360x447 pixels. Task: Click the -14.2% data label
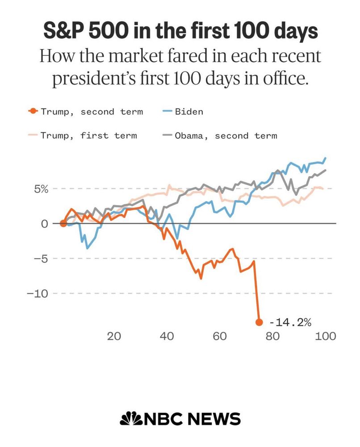(290, 322)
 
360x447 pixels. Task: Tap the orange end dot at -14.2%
(259, 322)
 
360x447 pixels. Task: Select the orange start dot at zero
(63, 223)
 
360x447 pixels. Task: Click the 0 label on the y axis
(44, 223)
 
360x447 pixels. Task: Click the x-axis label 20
(115, 336)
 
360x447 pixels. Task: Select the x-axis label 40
(167, 336)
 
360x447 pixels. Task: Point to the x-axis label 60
(220, 336)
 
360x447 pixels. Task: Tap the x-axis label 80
(272, 336)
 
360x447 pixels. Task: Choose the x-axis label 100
(325, 336)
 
